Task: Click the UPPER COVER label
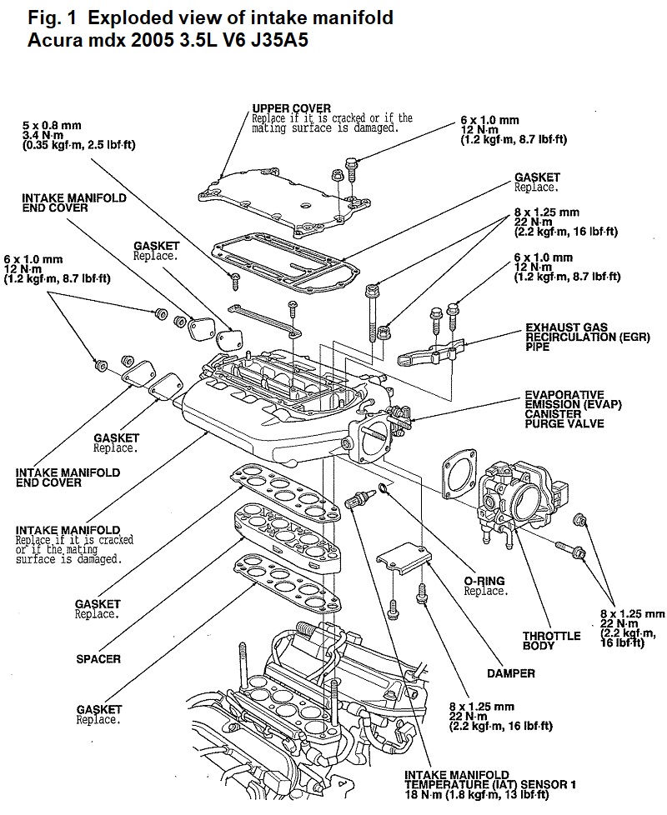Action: pyautogui.click(x=291, y=108)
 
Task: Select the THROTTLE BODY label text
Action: pyautogui.click(x=552, y=640)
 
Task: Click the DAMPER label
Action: pyautogui.click(x=510, y=673)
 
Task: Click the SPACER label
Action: pyautogui.click(x=98, y=659)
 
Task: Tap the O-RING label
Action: pyautogui.click(x=484, y=581)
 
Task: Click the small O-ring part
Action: pyautogui.click(x=384, y=488)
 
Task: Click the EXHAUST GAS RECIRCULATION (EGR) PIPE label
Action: pyautogui.click(x=588, y=337)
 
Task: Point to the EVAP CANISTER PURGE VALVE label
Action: pyautogui.click(x=573, y=409)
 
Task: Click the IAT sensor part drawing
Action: pyautogui.click(x=357, y=499)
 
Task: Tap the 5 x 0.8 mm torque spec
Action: pyautogui.click(x=78, y=135)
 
